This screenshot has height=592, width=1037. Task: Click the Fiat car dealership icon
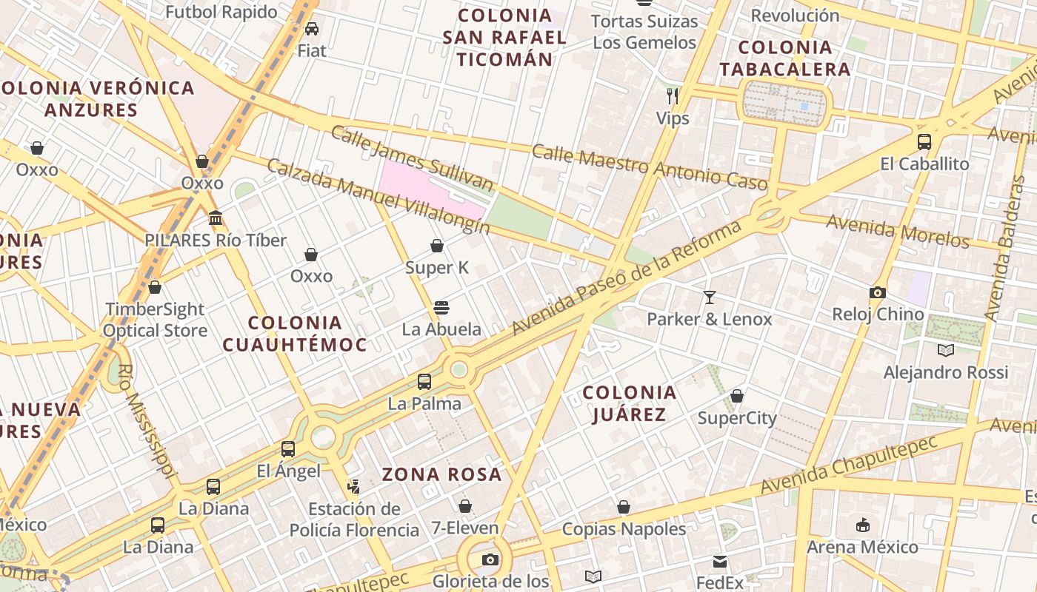pos(312,29)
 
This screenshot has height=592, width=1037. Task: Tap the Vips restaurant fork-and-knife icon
pos(673,95)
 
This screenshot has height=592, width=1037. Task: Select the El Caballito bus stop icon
pos(924,142)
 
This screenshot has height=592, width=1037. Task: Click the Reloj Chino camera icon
pos(878,292)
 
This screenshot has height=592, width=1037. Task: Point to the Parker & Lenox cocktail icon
pos(710,297)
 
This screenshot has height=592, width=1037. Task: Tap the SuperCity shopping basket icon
pos(737,396)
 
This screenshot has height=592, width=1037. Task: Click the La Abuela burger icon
pos(441,307)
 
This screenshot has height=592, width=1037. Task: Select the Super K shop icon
pos(437,246)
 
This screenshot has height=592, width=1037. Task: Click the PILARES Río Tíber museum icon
pos(216,218)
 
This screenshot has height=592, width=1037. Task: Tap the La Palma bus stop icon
pos(424,382)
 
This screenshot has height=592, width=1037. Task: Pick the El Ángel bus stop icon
pos(288,448)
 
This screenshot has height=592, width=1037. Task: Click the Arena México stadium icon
pos(862,525)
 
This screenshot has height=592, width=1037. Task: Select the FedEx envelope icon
pos(720,562)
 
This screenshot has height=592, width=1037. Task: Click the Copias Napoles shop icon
pos(624,507)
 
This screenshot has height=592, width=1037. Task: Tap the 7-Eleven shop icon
pos(465,506)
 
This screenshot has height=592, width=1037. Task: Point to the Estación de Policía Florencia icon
pos(353,487)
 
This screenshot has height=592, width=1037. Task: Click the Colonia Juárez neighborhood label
pos(630,403)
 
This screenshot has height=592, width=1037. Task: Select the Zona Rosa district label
pos(441,474)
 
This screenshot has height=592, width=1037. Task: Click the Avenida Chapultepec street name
pos(849,464)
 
